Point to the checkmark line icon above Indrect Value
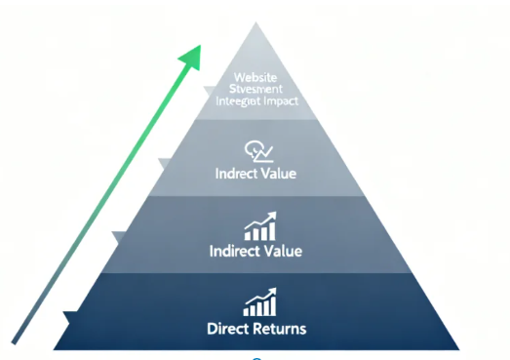pos(256,151)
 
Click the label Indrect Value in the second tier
pos(255,174)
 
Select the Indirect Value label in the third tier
pos(255,251)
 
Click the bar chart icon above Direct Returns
pos(259,301)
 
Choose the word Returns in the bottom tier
pos(281,327)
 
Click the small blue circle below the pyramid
pos(257,358)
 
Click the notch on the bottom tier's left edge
pos(66,315)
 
